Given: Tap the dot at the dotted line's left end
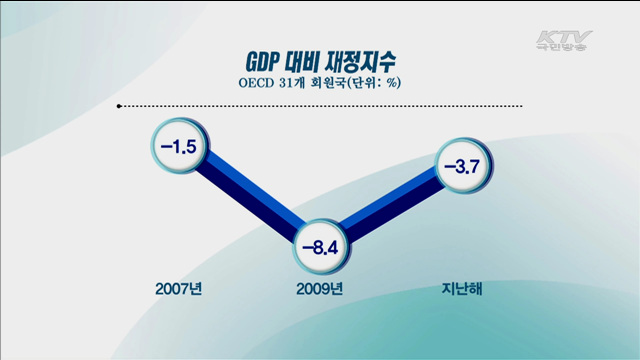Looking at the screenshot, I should (120, 105).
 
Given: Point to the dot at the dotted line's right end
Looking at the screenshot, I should (521, 105).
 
